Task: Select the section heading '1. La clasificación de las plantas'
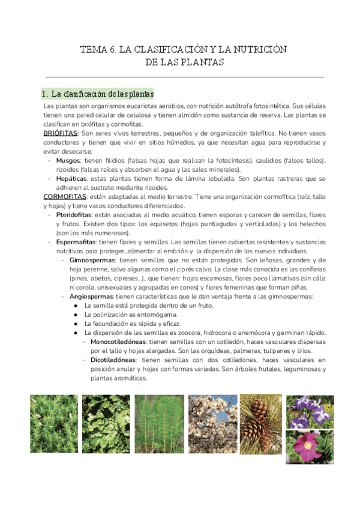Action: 97,94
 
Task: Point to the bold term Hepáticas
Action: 71,178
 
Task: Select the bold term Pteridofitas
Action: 77,214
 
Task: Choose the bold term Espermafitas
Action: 76,241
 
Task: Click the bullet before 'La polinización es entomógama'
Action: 74,315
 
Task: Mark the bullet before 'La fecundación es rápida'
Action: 74,324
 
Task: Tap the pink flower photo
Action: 310,447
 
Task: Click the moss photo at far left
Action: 53,429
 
